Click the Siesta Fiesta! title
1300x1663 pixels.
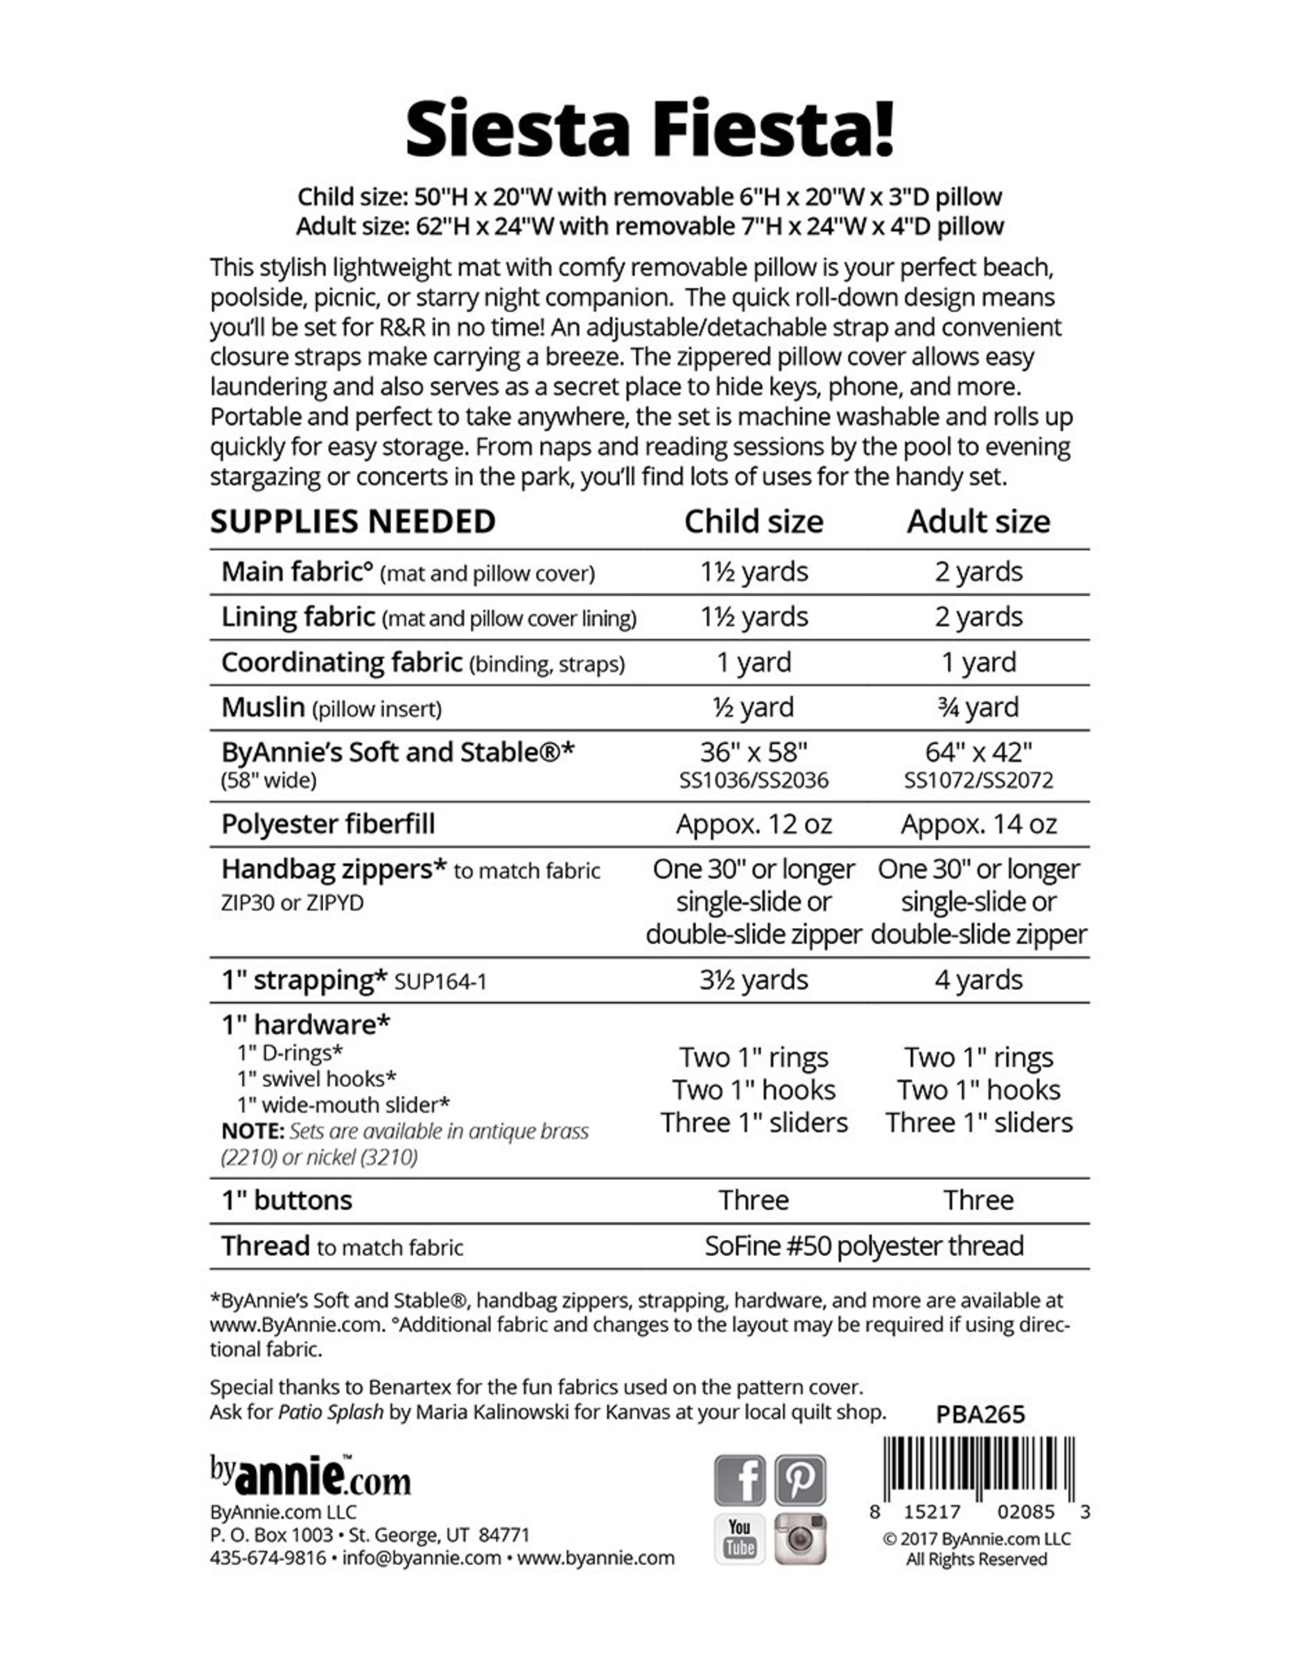tap(650, 130)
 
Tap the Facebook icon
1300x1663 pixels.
tap(739, 1479)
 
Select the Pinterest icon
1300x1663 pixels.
tap(800, 1479)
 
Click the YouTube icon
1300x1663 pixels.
tap(739, 1538)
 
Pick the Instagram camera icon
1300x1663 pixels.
tap(800, 1538)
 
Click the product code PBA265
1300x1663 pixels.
tap(980, 1415)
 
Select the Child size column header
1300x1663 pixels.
tap(753, 521)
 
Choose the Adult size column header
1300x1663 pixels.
tap(978, 521)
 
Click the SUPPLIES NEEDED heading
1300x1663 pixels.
tap(353, 521)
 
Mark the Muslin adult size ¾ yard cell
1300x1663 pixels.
tap(978, 707)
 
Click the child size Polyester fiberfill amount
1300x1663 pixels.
tap(753, 824)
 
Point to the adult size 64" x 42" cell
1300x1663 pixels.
tap(978, 753)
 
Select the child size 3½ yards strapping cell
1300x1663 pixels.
tap(753, 980)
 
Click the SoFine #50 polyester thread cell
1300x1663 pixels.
tap(864, 1246)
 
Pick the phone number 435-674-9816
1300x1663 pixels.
tap(267, 1557)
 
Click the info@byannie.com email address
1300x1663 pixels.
tap(421, 1557)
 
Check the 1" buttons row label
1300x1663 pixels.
tap(287, 1200)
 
